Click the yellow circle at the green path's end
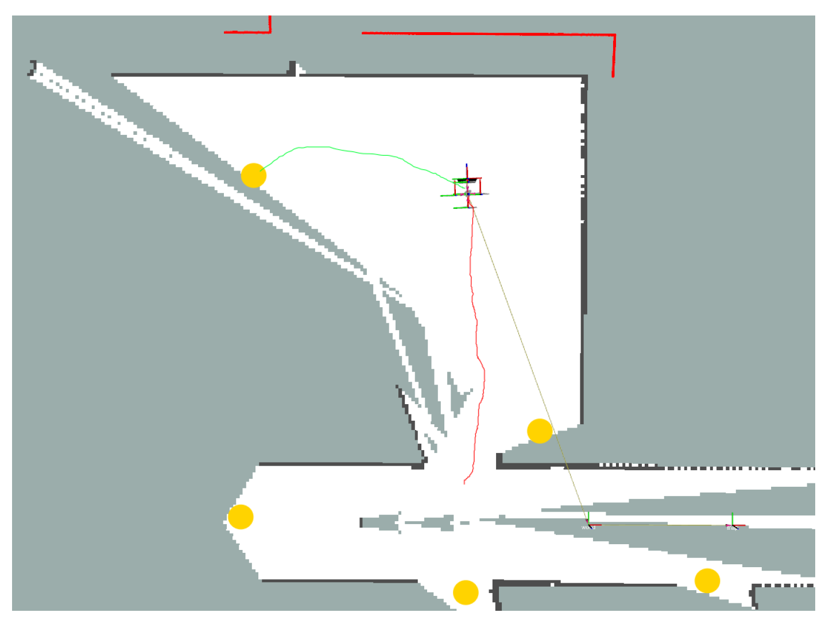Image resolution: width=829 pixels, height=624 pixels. (253, 176)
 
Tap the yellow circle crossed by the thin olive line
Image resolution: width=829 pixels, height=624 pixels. (540, 431)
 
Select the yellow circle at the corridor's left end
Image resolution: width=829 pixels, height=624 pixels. (241, 517)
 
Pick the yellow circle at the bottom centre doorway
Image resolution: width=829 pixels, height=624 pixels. (466, 592)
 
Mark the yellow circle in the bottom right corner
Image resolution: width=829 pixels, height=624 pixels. (707, 581)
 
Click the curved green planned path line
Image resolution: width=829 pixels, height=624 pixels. (344, 150)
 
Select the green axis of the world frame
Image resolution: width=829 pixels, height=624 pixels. (588, 517)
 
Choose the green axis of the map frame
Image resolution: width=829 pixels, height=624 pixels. (733, 518)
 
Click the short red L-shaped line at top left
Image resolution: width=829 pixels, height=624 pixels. (253, 32)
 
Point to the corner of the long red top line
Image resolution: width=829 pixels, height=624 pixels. (614, 36)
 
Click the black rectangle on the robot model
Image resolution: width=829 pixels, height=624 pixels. (467, 181)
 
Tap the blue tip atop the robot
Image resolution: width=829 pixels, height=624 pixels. (467, 167)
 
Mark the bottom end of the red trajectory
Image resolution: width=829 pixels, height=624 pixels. (464, 482)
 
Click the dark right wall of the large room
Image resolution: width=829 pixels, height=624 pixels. (584, 258)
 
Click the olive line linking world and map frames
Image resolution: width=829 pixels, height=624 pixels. (660, 525)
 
